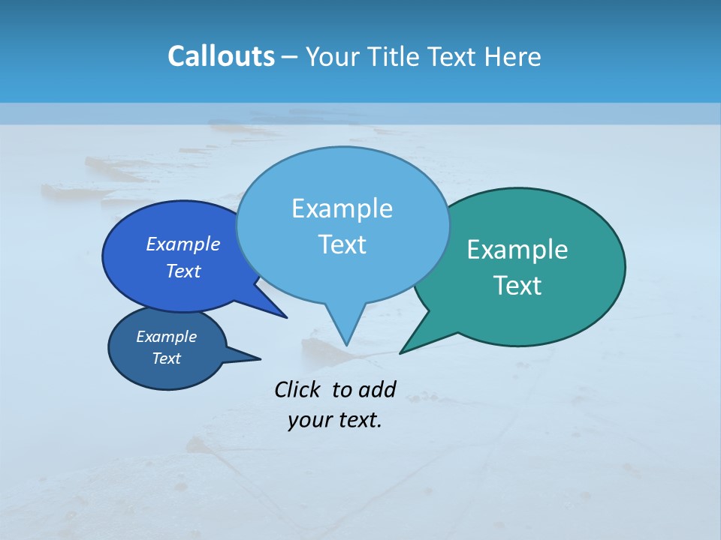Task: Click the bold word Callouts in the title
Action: tap(221, 56)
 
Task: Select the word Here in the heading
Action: tap(514, 56)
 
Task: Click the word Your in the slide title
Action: tap(333, 56)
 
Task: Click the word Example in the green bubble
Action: tap(517, 250)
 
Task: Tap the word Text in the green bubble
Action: tap(517, 286)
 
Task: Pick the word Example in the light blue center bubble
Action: tap(342, 208)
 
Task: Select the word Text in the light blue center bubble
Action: tap(342, 244)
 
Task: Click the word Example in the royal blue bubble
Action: tap(183, 244)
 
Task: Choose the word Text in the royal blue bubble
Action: tap(183, 271)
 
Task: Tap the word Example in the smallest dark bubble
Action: tap(167, 337)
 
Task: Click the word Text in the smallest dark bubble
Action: tap(167, 358)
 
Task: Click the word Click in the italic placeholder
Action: tap(297, 390)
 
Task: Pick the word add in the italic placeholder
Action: tap(377, 390)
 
